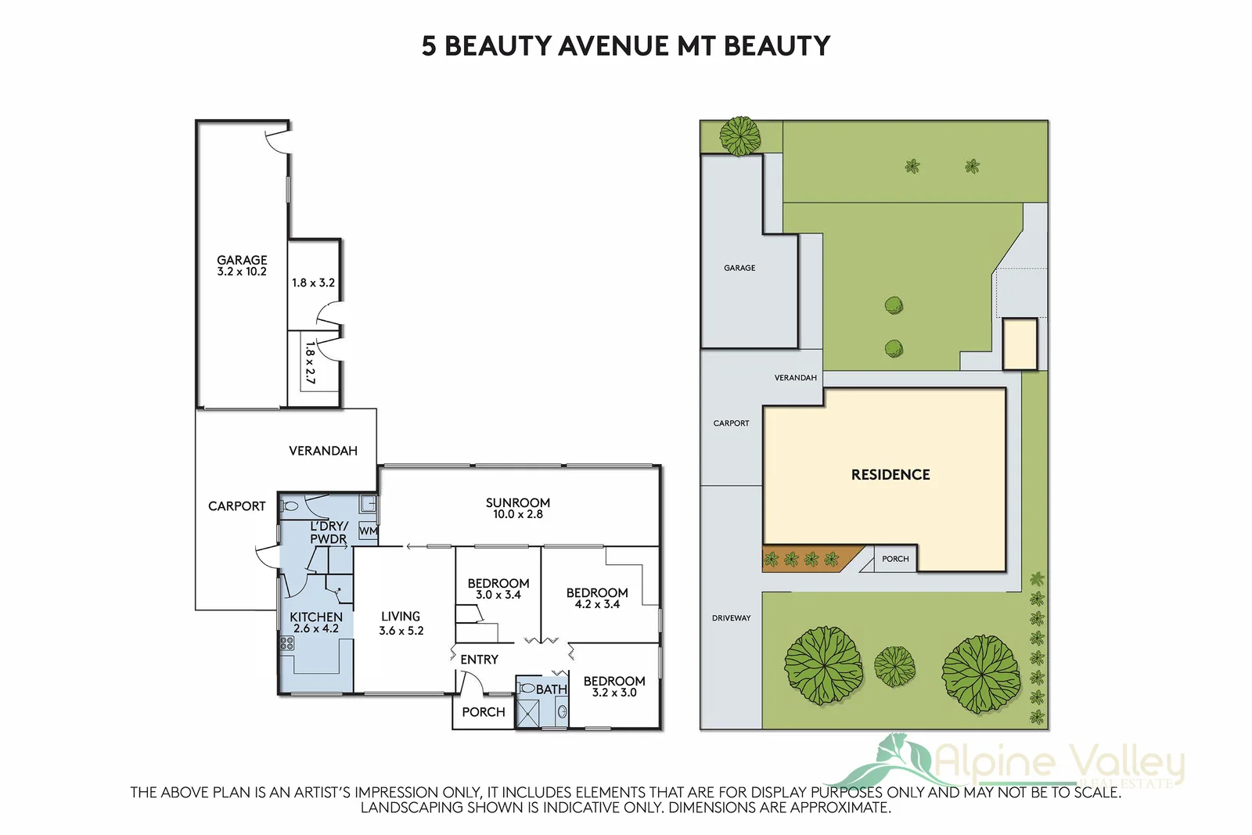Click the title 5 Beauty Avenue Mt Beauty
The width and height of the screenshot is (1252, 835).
pyautogui.click(x=625, y=46)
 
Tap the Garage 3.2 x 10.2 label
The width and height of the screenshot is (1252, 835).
pyautogui.click(x=242, y=265)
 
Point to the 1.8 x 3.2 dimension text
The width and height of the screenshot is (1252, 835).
pyautogui.click(x=313, y=283)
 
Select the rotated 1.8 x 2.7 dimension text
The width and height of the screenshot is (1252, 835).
pyautogui.click(x=310, y=362)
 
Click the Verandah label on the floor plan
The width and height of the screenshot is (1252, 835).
pyautogui.click(x=322, y=451)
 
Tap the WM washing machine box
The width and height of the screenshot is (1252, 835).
pyautogui.click(x=368, y=531)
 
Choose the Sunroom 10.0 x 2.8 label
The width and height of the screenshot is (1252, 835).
pyautogui.click(x=517, y=508)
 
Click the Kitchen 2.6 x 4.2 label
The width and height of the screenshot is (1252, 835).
pyautogui.click(x=316, y=622)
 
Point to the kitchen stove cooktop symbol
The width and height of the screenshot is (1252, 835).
pyautogui.click(x=287, y=643)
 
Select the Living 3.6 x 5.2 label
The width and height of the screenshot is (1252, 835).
pyautogui.click(x=401, y=623)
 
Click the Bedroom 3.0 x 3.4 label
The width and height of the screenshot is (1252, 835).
pyautogui.click(x=498, y=588)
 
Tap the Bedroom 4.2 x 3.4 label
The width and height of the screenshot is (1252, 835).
pyautogui.click(x=597, y=598)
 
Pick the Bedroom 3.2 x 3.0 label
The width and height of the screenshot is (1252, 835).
pyautogui.click(x=614, y=686)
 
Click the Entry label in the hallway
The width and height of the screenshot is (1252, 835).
pyautogui.click(x=479, y=660)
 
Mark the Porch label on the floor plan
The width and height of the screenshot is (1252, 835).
pyautogui.click(x=483, y=712)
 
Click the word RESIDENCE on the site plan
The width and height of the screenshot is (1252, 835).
pyautogui.click(x=890, y=475)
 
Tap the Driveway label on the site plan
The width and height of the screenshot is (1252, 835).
pyautogui.click(x=731, y=618)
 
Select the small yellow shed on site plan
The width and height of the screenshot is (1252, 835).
pyautogui.click(x=1020, y=344)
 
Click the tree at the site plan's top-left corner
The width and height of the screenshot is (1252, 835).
pyautogui.click(x=739, y=136)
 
